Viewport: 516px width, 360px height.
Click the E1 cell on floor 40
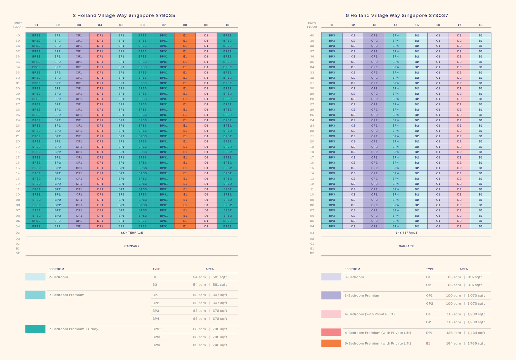point(185,35)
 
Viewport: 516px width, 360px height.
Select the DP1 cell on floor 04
point(100,226)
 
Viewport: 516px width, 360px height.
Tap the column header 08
point(185,25)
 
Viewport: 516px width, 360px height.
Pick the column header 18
point(481,25)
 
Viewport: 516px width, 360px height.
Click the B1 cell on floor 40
point(481,35)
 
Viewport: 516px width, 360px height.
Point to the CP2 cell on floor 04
point(374,226)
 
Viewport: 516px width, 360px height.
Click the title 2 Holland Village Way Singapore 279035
point(124,15)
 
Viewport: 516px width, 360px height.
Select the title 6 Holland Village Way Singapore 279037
point(397,15)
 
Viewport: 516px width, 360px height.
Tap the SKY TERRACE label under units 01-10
point(132,233)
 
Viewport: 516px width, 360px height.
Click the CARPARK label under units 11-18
point(406,246)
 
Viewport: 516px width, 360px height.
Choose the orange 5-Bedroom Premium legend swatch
point(331,343)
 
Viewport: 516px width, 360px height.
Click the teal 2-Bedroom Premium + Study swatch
point(35,329)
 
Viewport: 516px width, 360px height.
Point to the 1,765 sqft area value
point(476,343)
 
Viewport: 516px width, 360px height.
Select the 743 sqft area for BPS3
point(220,345)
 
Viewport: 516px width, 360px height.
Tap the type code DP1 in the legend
point(429,333)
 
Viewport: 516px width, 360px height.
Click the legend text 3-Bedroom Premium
point(362,296)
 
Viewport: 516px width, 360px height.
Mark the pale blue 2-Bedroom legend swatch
point(35,277)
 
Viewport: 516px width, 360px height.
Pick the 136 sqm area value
point(453,333)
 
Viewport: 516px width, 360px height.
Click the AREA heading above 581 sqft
point(210,269)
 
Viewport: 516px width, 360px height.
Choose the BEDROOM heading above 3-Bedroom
point(352,269)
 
